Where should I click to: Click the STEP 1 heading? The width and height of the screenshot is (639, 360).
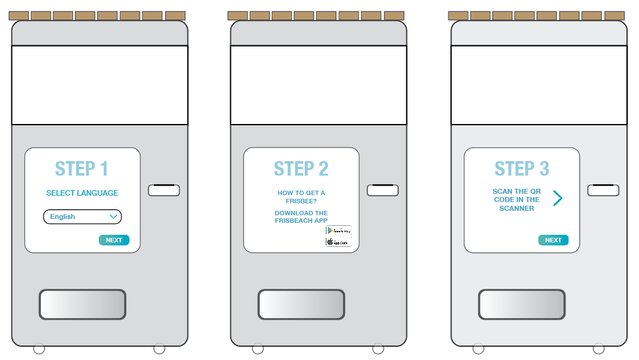82,169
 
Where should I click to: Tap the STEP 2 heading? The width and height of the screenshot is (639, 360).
301,169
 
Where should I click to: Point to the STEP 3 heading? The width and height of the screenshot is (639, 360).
521,169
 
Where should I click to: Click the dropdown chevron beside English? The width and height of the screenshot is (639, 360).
113,217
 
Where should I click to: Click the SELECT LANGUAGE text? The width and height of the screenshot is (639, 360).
82,193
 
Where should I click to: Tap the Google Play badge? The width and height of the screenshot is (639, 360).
338,231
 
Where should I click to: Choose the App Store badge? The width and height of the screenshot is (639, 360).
338,242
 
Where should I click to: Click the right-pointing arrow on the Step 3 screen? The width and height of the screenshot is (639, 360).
557,198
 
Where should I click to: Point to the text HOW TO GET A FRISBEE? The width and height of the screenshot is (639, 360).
301,196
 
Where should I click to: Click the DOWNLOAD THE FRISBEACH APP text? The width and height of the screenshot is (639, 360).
301,217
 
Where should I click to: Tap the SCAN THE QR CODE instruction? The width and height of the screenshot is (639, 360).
516,200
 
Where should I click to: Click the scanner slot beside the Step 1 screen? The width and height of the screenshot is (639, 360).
164,190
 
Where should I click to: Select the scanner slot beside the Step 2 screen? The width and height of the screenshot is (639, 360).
382,190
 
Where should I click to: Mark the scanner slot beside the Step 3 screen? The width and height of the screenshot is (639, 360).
603,190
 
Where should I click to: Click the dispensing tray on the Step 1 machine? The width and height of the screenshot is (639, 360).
82,305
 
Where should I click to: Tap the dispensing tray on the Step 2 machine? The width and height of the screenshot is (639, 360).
301,305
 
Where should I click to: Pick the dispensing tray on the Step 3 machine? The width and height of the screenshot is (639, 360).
521,305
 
